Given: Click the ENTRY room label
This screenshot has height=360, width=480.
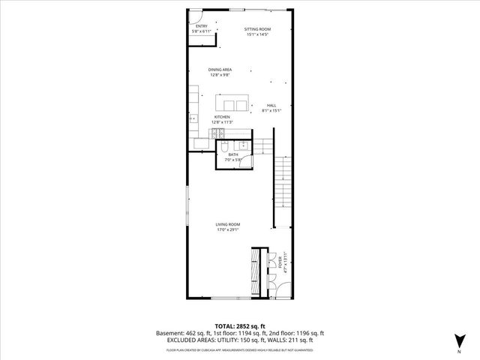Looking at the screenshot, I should click(200, 25).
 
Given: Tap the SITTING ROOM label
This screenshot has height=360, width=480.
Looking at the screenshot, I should click(257, 28).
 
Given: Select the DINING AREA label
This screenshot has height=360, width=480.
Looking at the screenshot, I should click(220, 70).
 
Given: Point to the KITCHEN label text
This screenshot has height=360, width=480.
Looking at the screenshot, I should click(222, 117).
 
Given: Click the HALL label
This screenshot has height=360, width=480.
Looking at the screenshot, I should click(271, 106).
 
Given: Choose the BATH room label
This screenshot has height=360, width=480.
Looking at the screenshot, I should click(233, 154).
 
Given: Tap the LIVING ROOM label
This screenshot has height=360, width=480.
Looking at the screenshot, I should click(228, 224).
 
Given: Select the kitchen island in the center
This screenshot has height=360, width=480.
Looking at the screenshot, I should click(232, 103).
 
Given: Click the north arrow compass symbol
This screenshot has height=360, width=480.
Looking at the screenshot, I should click(459, 340).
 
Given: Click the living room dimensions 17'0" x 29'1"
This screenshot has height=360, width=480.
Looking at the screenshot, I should click(228, 230).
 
